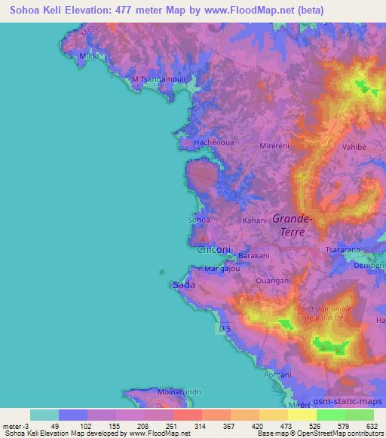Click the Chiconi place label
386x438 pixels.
click(213, 249)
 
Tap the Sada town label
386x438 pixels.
click(184, 285)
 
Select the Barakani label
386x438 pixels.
click(253, 256)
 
